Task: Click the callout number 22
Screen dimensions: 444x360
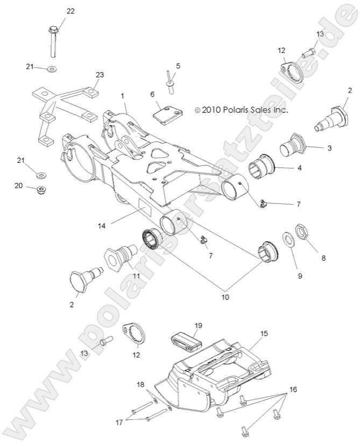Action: click(x=71, y=11)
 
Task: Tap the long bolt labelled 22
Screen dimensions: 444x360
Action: click(x=53, y=41)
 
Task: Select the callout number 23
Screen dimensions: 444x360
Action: click(x=100, y=75)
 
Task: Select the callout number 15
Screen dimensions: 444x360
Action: click(x=264, y=334)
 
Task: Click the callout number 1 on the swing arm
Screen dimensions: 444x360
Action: click(x=123, y=95)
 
